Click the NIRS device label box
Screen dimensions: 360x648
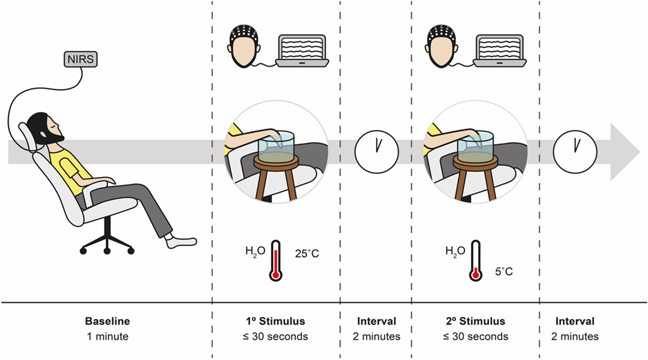(x=81, y=59)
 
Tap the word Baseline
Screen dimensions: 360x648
(x=107, y=321)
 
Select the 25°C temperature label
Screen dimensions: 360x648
(x=307, y=253)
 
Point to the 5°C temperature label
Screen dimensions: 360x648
(x=504, y=272)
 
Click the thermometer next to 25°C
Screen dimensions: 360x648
(x=275, y=260)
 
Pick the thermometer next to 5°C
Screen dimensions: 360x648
(x=476, y=260)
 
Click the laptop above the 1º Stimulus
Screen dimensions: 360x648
(x=303, y=50)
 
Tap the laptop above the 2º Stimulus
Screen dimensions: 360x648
(x=500, y=50)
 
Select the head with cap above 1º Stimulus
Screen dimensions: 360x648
(x=244, y=46)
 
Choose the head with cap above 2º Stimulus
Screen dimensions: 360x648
(x=441, y=46)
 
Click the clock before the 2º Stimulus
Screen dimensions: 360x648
(x=376, y=152)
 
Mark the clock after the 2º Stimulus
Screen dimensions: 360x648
(x=575, y=152)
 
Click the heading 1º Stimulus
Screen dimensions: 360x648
(x=275, y=321)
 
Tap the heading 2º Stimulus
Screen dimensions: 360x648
(x=475, y=321)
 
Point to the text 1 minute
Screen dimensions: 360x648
(x=107, y=337)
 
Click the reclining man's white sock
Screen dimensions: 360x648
(x=182, y=242)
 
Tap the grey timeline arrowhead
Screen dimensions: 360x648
(x=624, y=152)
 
